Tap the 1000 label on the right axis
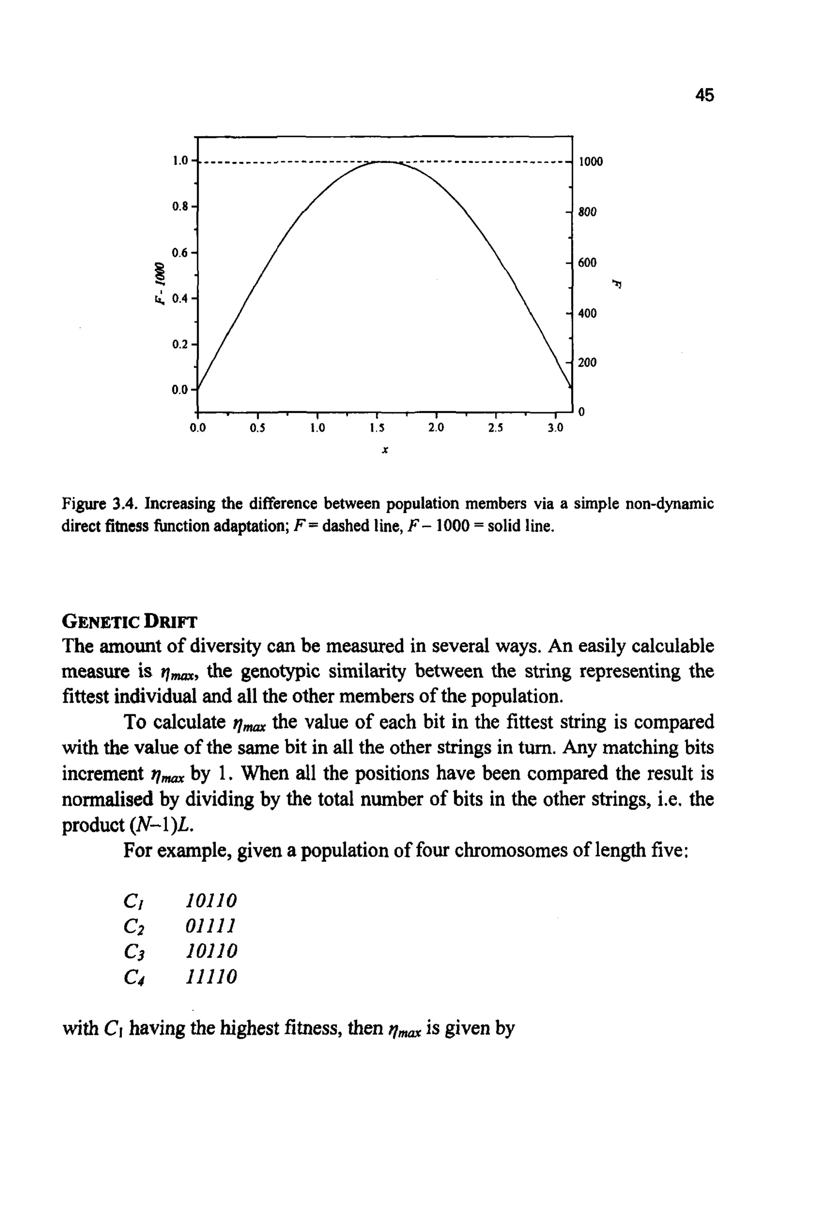[590, 162]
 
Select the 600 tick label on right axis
[587, 263]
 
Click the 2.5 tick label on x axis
[495, 428]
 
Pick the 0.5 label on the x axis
[257, 428]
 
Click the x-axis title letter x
[384, 450]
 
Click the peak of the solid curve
[384, 162]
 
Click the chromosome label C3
[134, 951]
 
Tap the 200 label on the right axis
[587, 362]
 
